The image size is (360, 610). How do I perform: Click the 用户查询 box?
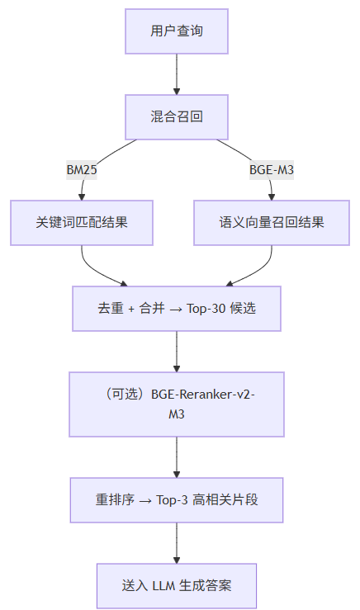177,31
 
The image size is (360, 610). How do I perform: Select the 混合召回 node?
177,116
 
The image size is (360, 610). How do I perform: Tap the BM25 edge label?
82,170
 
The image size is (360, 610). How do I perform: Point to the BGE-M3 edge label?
272,170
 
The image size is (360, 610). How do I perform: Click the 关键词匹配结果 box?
82,223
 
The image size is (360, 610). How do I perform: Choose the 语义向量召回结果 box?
272,223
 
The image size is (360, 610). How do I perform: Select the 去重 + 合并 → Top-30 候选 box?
177,308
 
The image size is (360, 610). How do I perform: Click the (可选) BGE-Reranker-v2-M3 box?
177,404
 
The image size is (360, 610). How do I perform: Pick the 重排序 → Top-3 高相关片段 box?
177,500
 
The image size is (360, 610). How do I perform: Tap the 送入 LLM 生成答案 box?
177,586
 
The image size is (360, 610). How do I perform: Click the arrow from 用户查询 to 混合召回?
177,73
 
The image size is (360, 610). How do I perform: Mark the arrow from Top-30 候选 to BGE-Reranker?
177,351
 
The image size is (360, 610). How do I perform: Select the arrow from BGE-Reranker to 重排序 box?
177,456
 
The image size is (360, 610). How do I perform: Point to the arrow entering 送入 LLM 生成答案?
177,543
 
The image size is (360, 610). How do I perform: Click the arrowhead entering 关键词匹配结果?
82,196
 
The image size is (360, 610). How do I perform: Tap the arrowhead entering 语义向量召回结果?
272,196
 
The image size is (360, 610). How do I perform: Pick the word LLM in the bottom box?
162,586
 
